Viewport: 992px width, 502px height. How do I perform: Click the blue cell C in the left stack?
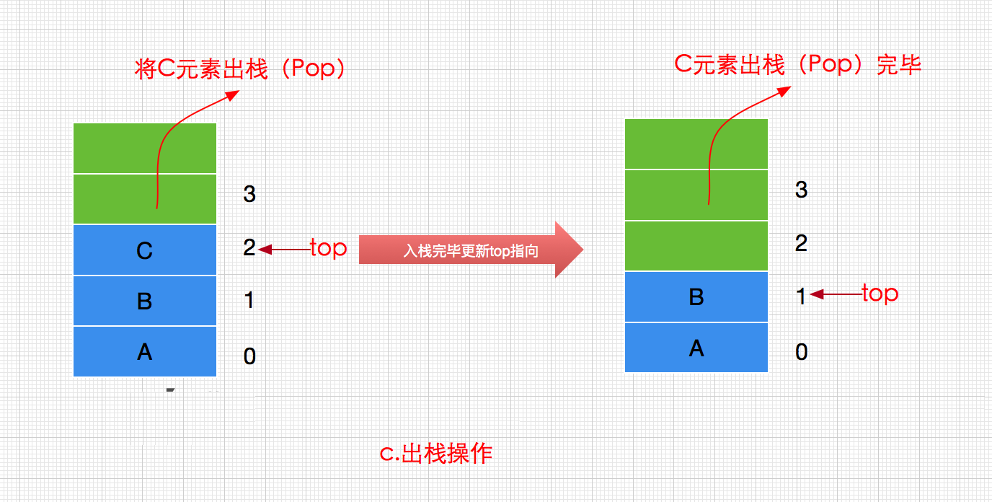tap(144, 250)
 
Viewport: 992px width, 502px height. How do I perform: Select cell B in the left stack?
tap(144, 301)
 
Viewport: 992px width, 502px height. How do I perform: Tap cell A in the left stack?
tap(144, 351)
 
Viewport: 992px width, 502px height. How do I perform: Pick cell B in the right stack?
tap(696, 296)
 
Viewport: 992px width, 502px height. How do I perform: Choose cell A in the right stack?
tap(696, 348)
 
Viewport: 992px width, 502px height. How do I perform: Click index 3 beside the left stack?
tap(249, 194)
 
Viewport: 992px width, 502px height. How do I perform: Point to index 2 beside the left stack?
tap(249, 248)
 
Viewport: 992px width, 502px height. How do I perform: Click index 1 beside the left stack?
tap(249, 300)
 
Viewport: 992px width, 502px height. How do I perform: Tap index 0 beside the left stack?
tap(249, 356)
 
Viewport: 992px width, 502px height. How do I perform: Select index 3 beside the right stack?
tap(801, 190)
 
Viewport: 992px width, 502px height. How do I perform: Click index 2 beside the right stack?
tap(801, 244)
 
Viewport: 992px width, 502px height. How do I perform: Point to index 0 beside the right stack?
tap(801, 352)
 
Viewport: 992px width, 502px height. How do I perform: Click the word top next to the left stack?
tap(328, 249)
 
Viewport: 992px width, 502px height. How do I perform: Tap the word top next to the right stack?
tap(880, 294)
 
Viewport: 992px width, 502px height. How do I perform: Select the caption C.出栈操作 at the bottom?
tap(436, 454)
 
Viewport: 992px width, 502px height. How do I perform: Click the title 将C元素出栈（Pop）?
tap(242, 69)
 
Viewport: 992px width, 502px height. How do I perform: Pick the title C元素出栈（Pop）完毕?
tap(798, 65)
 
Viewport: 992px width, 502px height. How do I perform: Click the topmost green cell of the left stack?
tap(144, 148)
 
